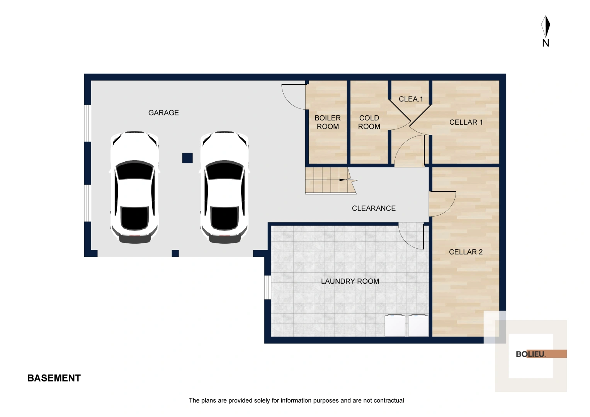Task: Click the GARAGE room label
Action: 163,113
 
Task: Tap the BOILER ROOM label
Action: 328,122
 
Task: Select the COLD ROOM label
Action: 369,122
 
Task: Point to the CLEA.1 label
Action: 411,99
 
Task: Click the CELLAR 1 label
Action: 466,122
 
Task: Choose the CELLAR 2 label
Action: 466,252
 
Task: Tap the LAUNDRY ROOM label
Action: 350,281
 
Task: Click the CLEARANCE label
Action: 374,208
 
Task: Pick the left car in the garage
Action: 134,187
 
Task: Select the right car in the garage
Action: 224,187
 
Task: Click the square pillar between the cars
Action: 187,158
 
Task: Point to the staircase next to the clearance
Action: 328,180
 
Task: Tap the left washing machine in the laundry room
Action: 395,325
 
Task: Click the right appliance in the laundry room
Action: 418,325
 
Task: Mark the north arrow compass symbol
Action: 546,26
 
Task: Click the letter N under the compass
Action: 546,43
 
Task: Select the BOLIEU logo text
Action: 530,354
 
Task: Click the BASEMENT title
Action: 54,378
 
